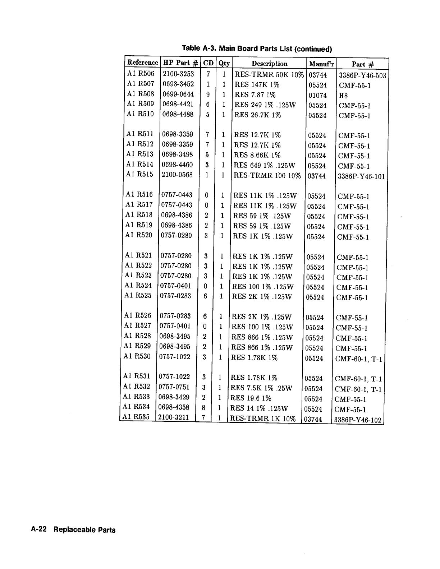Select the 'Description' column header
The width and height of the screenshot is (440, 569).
(x=269, y=64)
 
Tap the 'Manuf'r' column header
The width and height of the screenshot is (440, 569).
(x=321, y=64)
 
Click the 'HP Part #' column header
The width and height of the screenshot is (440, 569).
(x=180, y=63)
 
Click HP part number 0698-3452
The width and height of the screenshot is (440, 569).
(x=178, y=84)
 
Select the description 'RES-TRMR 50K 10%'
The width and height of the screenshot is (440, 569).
(x=269, y=75)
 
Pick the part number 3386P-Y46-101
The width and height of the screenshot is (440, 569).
(x=362, y=177)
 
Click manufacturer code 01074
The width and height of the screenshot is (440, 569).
(x=318, y=96)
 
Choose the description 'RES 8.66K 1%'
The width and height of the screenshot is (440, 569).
(x=257, y=155)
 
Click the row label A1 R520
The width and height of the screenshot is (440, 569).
(x=139, y=235)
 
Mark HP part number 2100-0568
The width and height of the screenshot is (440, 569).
(x=177, y=175)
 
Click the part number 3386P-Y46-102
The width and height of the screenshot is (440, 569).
(x=358, y=420)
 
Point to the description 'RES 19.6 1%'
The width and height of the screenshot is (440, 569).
(x=251, y=398)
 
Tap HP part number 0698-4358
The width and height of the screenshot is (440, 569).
(x=174, y=407)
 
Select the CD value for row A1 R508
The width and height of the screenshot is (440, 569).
(x=208, y=95)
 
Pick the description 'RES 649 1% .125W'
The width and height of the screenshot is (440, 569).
(x=265, y=165)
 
